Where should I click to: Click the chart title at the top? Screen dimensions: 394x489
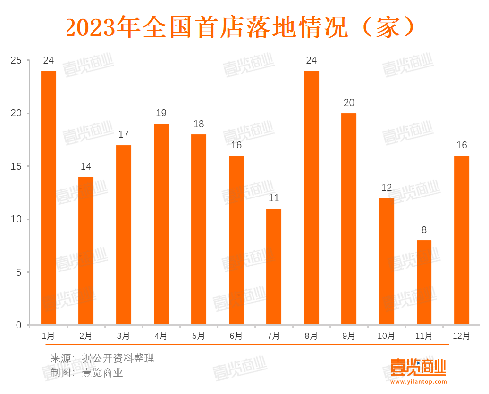(x=240, y=27)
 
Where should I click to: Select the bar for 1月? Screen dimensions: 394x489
(x=49, y=197)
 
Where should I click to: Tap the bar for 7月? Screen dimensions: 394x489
(x=274, y=267)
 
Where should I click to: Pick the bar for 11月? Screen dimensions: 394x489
(x=424, y=282)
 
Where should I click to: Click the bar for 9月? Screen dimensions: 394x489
(x=349, y=219)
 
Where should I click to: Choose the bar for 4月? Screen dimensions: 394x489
(x=161, y=224)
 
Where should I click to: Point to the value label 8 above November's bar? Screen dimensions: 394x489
(x=424, y=230)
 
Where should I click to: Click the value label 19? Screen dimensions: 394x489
(x=161, y=113)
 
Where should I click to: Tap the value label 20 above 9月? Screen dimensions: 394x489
(x=349, y=103)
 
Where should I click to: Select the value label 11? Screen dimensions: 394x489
(x=274, y=198)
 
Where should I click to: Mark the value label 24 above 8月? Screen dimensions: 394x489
(x=311, y=60)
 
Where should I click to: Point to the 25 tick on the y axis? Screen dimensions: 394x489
(x=17, y=60)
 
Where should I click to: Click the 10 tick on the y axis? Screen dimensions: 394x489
(x=17, y=219)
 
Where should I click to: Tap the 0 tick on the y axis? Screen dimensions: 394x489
(x=19, y=325)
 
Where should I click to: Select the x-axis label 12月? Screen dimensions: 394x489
(x=461, y=336)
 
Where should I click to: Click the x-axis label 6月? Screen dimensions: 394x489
(x=236, y=336)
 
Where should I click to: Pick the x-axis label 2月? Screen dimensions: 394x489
(x=86, y=336)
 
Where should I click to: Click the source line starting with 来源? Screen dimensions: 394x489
(x=102, y=358)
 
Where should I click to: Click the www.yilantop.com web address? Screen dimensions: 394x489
(x=418, y=382)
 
